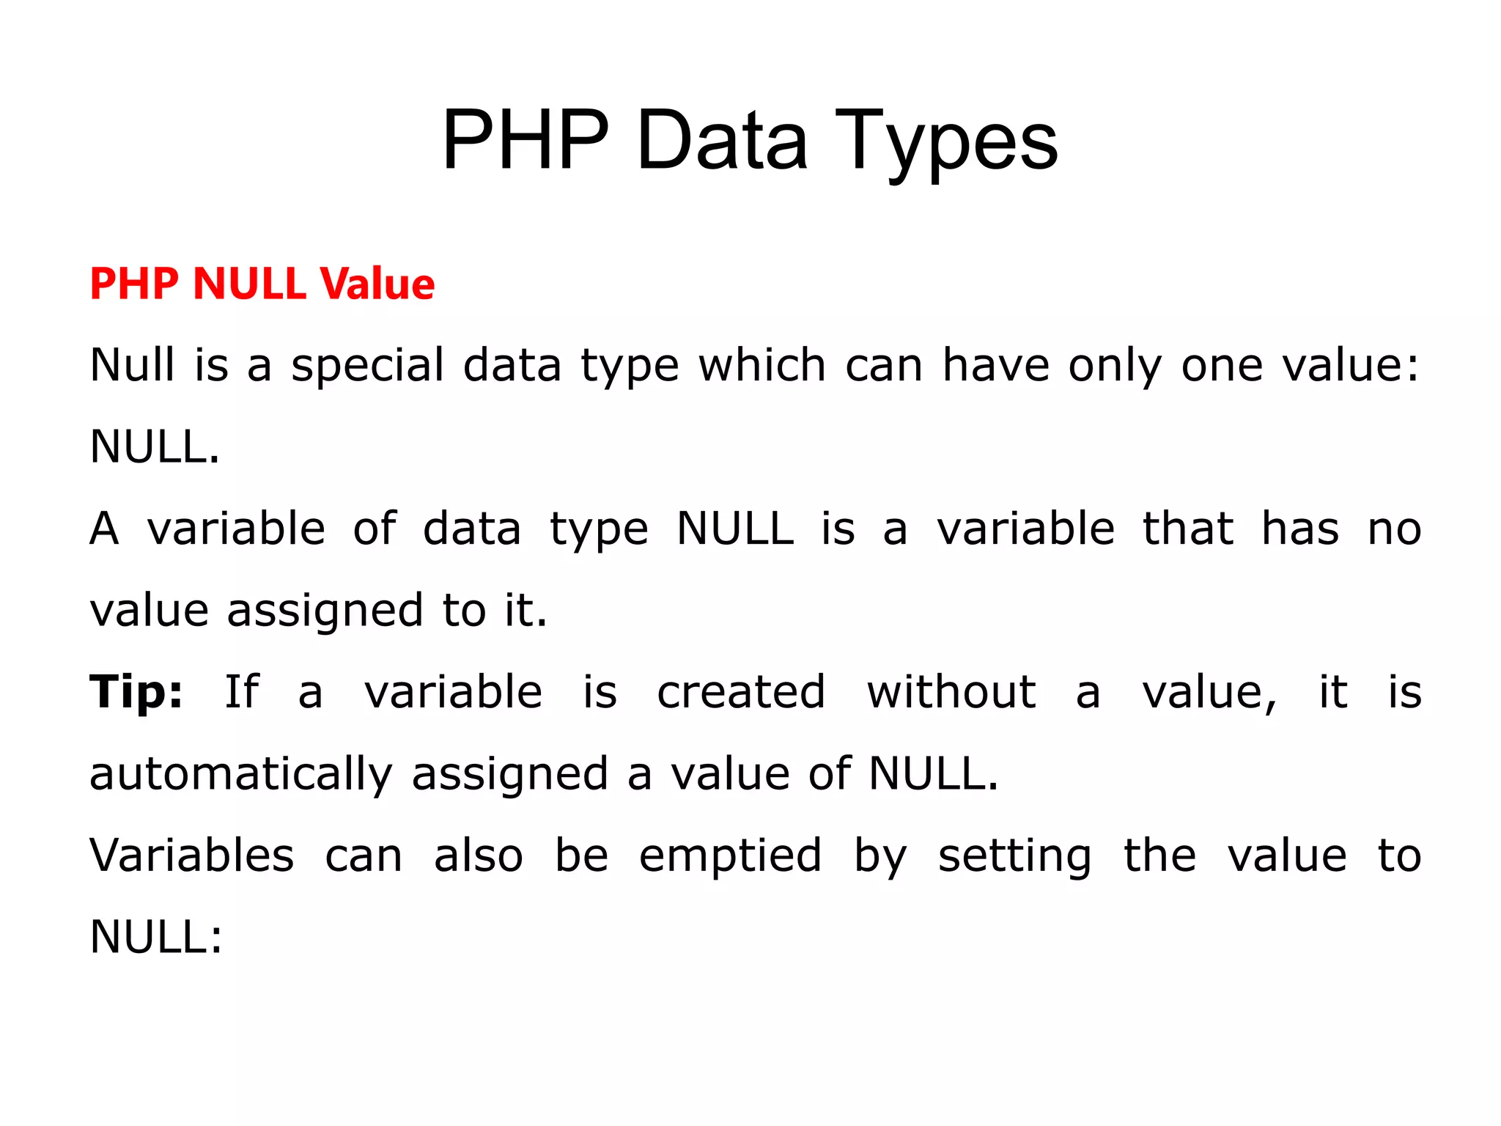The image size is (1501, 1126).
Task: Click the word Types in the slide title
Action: [945, 141]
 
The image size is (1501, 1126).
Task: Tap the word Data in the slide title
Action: [721, 141]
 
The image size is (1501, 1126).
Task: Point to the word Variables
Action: [192, 855]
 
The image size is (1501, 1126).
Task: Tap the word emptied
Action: [730, 855]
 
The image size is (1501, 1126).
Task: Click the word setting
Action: [1014, 855]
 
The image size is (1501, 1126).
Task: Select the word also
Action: [479, 855]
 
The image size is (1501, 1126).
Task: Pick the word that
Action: [1188, 529]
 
